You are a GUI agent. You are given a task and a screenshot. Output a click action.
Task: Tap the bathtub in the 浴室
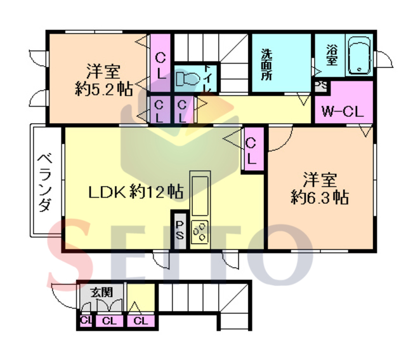click(x=359, y=56)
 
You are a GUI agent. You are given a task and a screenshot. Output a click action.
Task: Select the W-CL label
click(x=343, y=112)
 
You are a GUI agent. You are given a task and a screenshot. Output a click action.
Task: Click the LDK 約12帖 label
click(x=136, y=192)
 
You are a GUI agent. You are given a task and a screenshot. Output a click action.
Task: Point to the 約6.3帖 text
click(x=320, y=197)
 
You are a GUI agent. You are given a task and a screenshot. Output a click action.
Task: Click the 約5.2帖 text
click(x=104, y=89)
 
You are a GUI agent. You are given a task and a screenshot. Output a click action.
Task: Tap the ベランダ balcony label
click(x=46, y=183)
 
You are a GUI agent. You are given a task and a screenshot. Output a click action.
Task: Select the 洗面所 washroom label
click(x=266, y=64)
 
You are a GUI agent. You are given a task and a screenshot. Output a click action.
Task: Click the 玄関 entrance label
click(x=101, y=292)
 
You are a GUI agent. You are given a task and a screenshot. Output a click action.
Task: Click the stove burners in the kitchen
click(x=199, y=232)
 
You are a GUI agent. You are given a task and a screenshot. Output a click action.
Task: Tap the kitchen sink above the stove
click(x=200, y=196)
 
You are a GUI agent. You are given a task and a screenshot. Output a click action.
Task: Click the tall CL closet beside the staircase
click(x=160, y=63)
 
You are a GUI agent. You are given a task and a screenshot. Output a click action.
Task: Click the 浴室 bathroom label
click(x=332, y=55)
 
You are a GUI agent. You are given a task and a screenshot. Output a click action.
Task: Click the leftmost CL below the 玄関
click(x=86, y=321)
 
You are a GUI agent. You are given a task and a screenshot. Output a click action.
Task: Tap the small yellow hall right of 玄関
click(x=141, y=298)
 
